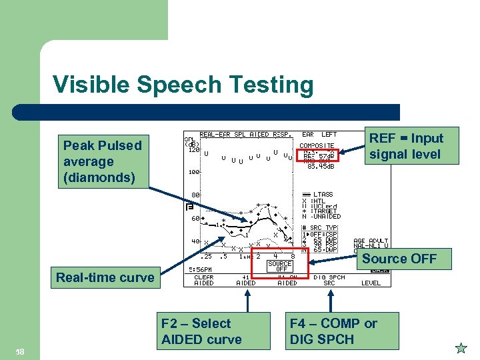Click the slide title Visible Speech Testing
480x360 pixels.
point(183,85)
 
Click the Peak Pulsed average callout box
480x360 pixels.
point(102,161)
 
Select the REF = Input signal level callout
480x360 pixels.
point(406,146)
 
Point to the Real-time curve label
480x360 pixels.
point(105,277)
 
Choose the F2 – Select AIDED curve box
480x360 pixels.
point(201,331)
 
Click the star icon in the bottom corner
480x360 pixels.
point(461,348)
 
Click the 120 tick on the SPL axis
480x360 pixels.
point(192,150)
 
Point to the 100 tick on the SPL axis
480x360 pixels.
point(192,172)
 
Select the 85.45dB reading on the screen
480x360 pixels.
point(321,167)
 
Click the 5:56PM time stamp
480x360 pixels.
point(201,269)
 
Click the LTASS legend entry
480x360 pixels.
point(326,194)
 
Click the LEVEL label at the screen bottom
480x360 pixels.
point(371,283)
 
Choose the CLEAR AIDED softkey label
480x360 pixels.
point(204,280)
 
